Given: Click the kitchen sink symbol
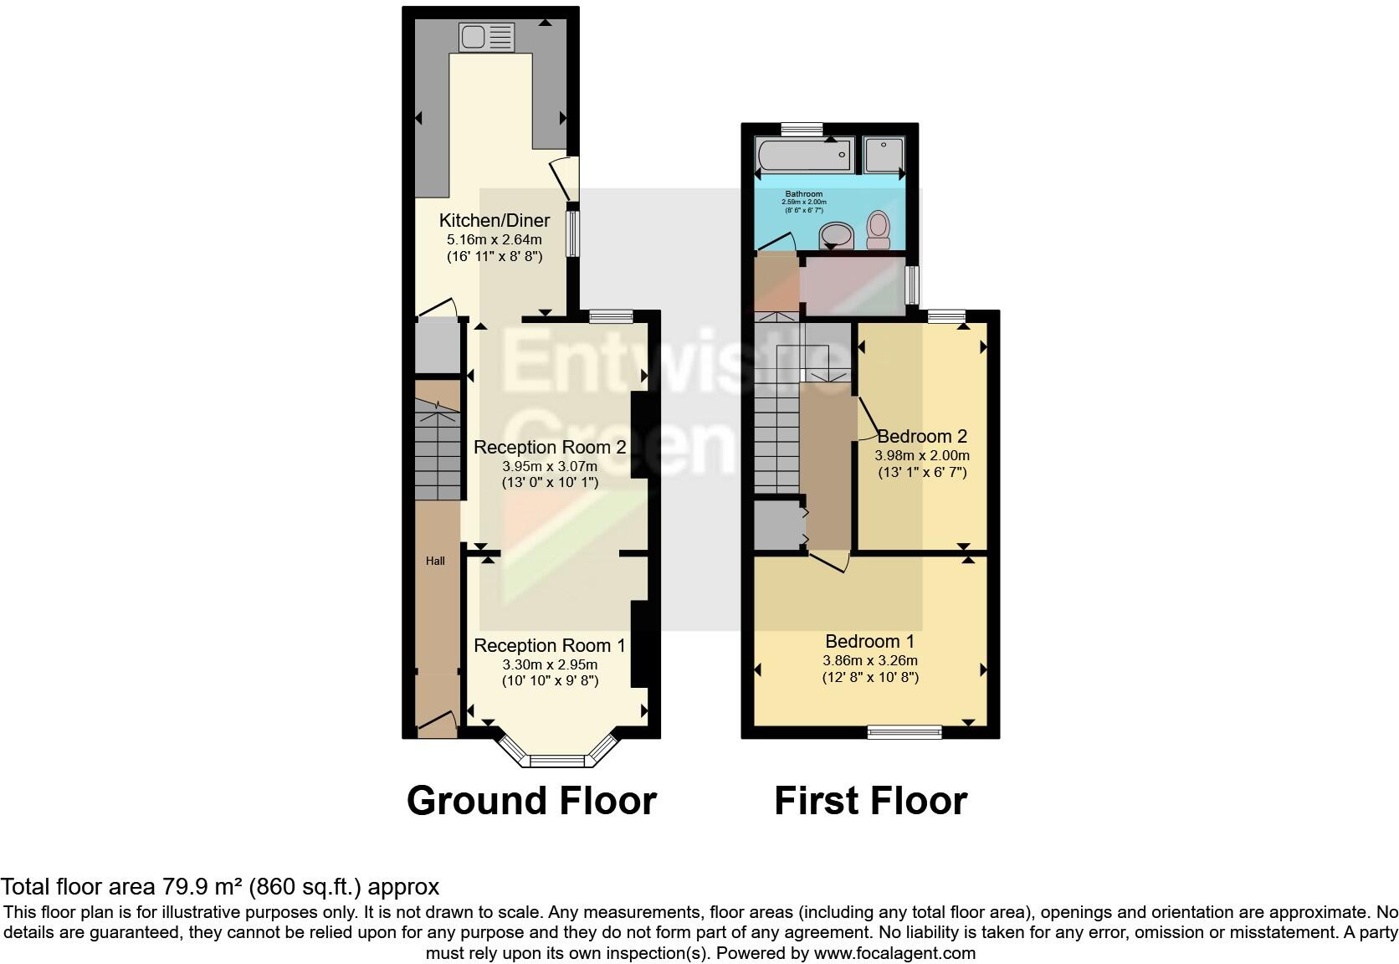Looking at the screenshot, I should (486, 36).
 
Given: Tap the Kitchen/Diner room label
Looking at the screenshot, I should (495, 221).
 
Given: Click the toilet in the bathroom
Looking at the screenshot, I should (878, 229).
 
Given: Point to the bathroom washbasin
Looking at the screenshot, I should (834, 235).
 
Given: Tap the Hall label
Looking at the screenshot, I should (435, 561).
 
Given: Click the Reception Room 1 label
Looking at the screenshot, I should (550, 646).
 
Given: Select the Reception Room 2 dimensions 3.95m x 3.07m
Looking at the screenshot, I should (550, 466).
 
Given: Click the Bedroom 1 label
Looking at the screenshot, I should (869, 642).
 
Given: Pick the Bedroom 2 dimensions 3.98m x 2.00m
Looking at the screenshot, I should (922, 456).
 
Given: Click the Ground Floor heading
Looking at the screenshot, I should (531, 801).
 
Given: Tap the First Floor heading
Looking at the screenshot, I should (870, 801).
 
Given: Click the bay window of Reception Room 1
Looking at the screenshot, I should (556, 760).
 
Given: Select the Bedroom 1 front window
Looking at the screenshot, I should (904, 733).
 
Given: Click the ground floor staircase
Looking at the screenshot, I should (438, 452).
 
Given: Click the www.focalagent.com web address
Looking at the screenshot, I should (894, 953).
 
